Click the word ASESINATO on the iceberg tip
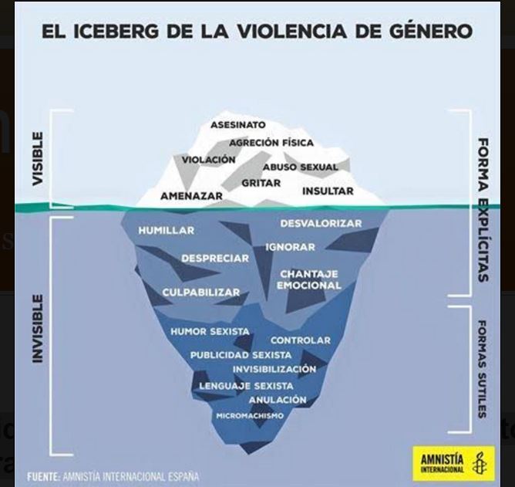click(x=237, y=125)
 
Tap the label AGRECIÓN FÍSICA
click(x=271, y=143)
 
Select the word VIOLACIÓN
click(x=208, y=160)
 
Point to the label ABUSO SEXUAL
click(x=300, y=167)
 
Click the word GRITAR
click(x=261, y=183)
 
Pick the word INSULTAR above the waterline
click(x=328, y=191)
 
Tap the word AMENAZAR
click(x=191, y=196)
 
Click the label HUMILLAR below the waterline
click(x=167, y=230)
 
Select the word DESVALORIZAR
click(x=321, y=223)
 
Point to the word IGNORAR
click(x=290, y=247)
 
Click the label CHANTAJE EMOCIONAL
click(x=308, y=279)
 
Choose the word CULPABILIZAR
click(x=200, y=293)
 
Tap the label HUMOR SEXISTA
click(x=210, y=331)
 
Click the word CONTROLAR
click(x=300, y=340)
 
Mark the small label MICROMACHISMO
click(x=249, y=415)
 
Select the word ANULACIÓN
click(x=278, y=400)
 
